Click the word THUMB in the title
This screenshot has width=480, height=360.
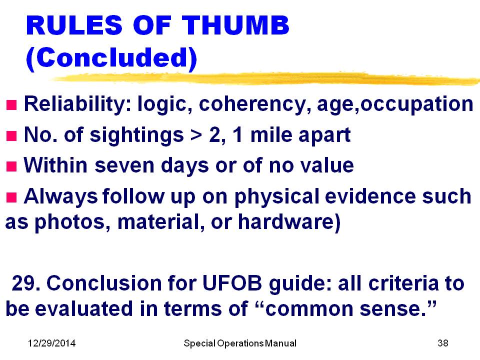pyautogui.click(x=235, y=25)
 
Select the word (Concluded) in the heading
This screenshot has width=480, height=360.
pyautogui.click(x=111, y=58)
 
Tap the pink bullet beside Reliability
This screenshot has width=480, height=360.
pyautogui.click(x=11, y=105)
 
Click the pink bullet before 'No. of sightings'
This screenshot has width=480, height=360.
pyautogui.click(x=11, y=135)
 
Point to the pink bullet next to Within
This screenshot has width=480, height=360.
pyautogui.click(x=11, y=166)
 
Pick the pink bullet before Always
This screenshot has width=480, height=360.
pyautogui.click(x=11, y=197)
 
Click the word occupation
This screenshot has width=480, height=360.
pyautogui.click(x=416, y=104)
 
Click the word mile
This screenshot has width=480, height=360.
pyautogui.click(x=271, y=135)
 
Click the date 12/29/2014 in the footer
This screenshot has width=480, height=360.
pyautogui.click(x=51, y=343)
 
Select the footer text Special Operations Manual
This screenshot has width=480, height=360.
pyautogui.click(x=240, y=343)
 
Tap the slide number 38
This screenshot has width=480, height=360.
pyautogui.click(x=443, y=343)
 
